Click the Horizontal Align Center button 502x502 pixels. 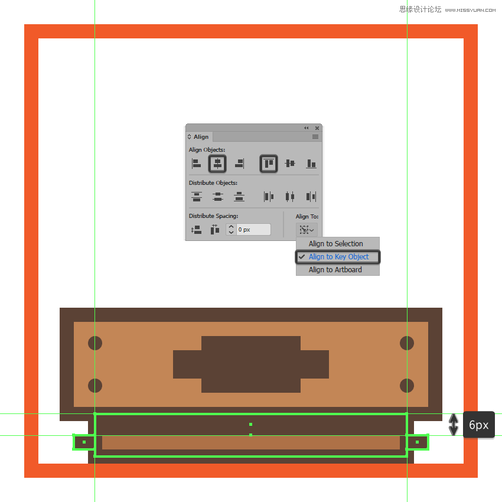pos(217,164)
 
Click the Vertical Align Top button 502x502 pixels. pos(269,164)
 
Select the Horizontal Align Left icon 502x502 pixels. pos(196,164)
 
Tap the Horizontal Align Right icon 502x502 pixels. pos(239,164)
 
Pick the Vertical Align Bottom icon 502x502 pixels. pos(311,164)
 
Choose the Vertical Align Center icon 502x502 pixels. pos(290,164)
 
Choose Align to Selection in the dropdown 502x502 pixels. pos(336,244)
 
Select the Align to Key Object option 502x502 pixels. pos(339,257)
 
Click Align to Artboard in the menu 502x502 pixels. pos(335,270)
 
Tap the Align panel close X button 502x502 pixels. pos(317,128)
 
